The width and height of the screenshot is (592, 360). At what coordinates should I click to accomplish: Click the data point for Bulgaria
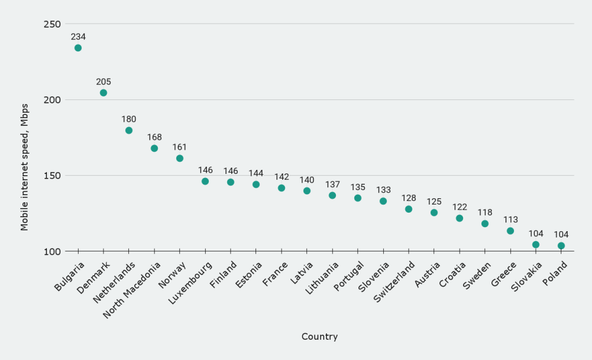[x=78, y=48]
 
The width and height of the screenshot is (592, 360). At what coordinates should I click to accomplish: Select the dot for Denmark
[x=103, y=92]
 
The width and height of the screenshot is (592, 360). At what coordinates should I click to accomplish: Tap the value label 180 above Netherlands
[x=129, y=119]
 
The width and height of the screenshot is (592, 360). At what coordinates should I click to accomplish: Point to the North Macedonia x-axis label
[x=133, y=289]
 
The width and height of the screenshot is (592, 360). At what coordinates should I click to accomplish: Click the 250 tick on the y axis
[x=53, y=24]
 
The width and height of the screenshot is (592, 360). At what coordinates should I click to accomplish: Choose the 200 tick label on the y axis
[x=53, y=100]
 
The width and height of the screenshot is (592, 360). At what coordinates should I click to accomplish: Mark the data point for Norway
[x=180, y=158]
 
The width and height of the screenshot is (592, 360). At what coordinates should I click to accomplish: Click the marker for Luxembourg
[x=205, y=181]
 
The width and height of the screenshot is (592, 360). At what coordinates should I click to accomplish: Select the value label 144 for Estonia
[x=256, y=173]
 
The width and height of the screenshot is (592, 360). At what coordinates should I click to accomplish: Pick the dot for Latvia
[x=307, y=191]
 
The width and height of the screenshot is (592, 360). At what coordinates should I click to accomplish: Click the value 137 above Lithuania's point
[x=332, y=184]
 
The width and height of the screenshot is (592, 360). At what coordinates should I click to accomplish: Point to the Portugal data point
[x=358, y=198]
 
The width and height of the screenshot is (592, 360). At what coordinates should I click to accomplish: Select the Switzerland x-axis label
[x=394, y=281]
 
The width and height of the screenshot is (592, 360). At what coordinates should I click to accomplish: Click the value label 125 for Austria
[x=434, y=201]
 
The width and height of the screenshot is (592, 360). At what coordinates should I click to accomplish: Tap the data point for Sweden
[x=485, y=224]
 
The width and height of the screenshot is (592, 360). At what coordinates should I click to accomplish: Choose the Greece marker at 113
[x=510, y=231]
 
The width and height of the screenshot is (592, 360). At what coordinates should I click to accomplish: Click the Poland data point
[x=561, y=246]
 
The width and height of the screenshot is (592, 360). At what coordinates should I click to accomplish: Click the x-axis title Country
[x=320, y=337]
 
